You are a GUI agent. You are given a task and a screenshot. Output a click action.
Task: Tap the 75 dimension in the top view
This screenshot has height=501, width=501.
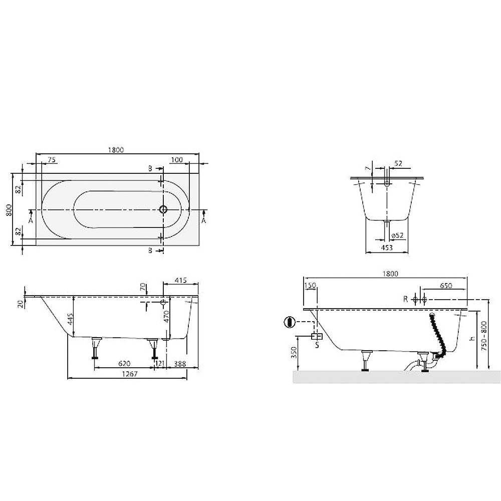[x=52, y=160]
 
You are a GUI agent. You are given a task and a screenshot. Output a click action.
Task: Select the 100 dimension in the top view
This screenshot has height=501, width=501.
[x=177, y=160]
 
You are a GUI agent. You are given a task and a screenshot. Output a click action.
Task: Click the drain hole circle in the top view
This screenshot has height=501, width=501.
[x=163, y=209]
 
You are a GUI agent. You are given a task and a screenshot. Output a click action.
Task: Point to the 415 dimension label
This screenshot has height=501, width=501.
[x=180, y=281]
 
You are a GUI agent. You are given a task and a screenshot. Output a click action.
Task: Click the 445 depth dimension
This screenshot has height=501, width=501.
[x=71, y=319]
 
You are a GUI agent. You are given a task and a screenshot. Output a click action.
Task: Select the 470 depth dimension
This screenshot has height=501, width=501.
[x=166, y=317]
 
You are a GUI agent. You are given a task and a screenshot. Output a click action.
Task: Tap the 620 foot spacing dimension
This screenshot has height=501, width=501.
[x=124, y=363]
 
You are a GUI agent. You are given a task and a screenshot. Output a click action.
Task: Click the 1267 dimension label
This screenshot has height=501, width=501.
[x=129, y=374]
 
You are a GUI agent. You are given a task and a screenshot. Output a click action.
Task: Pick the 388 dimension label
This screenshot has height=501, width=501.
[x=180, y=363]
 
